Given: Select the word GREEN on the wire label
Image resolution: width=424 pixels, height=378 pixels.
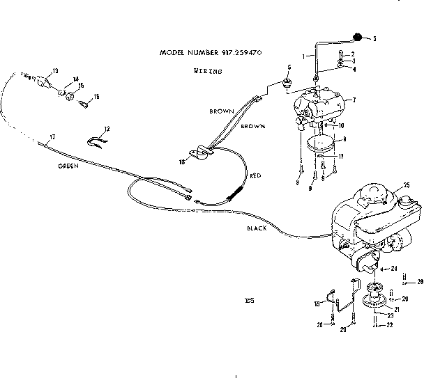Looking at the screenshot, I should pyautogui.click(x=68, y=167).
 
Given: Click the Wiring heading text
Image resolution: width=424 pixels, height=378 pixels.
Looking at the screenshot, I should pyautogui.click(x=207, y=71).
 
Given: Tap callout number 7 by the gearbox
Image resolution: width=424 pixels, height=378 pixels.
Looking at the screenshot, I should pyautogui.click(x=354, y=100).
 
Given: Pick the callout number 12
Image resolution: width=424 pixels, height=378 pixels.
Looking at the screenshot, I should pyautogui.click(x=107, y=129).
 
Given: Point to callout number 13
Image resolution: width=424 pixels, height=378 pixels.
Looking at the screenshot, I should pyautogui.click(x=55, y=70).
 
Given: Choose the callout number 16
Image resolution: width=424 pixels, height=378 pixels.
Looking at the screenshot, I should pyautogui.click(x=96, y=97).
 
